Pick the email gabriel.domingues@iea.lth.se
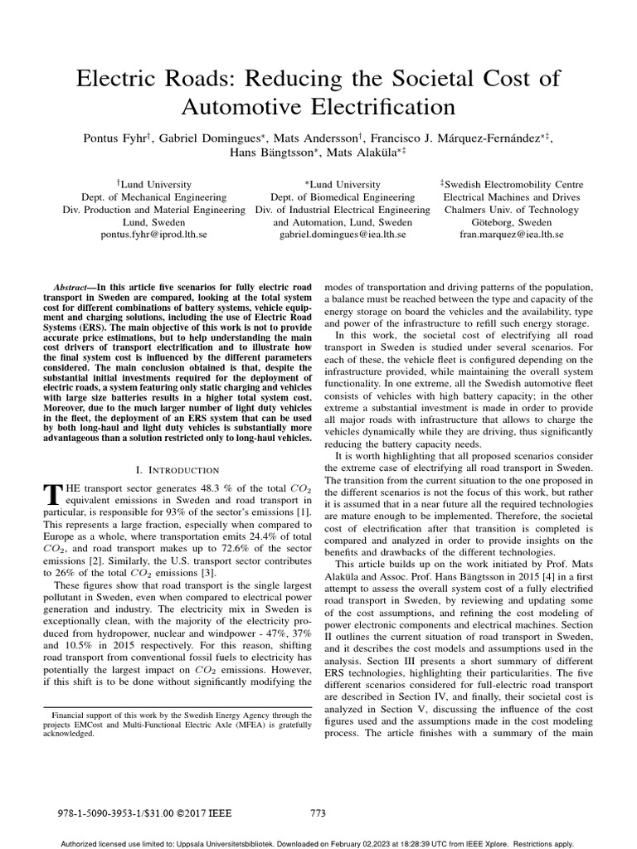[342, 235]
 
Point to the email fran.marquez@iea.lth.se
[511, 235]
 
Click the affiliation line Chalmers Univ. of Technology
[511, 210]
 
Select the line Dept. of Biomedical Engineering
[342, 197]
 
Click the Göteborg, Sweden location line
[511, 222]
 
